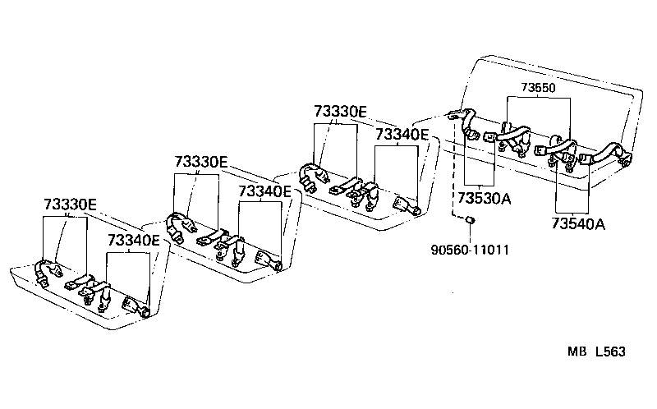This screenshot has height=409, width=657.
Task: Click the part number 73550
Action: [x=538, y=87]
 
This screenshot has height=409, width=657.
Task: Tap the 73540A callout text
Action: [x=578, y=223]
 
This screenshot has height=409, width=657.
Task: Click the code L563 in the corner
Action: [x=609, y=352]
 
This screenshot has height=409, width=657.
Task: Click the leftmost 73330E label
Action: [x=70, y=204]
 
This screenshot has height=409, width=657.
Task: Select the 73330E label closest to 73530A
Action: [x=340, y=111]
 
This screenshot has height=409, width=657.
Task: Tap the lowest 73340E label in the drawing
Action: [x=134, y=241]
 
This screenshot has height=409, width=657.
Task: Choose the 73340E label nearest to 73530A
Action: [x=402, y=134]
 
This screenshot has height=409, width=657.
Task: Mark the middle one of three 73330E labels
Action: [x=200, y=162]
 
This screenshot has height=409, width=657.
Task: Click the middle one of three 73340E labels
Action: [x=264, y=191]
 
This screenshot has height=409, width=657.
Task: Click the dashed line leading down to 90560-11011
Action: [x=453, y=172]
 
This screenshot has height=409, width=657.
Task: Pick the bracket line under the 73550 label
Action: [x=538, y=98]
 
